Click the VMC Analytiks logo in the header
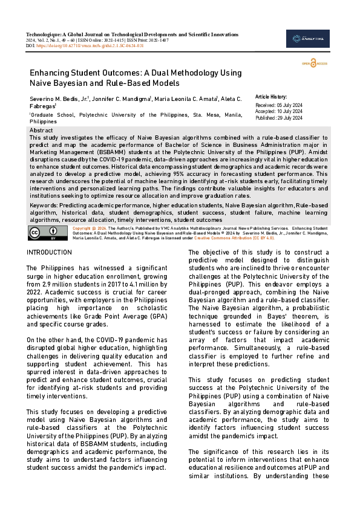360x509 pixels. pos(307,39)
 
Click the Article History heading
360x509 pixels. pos(271,97)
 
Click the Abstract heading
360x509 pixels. pos(41,131)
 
